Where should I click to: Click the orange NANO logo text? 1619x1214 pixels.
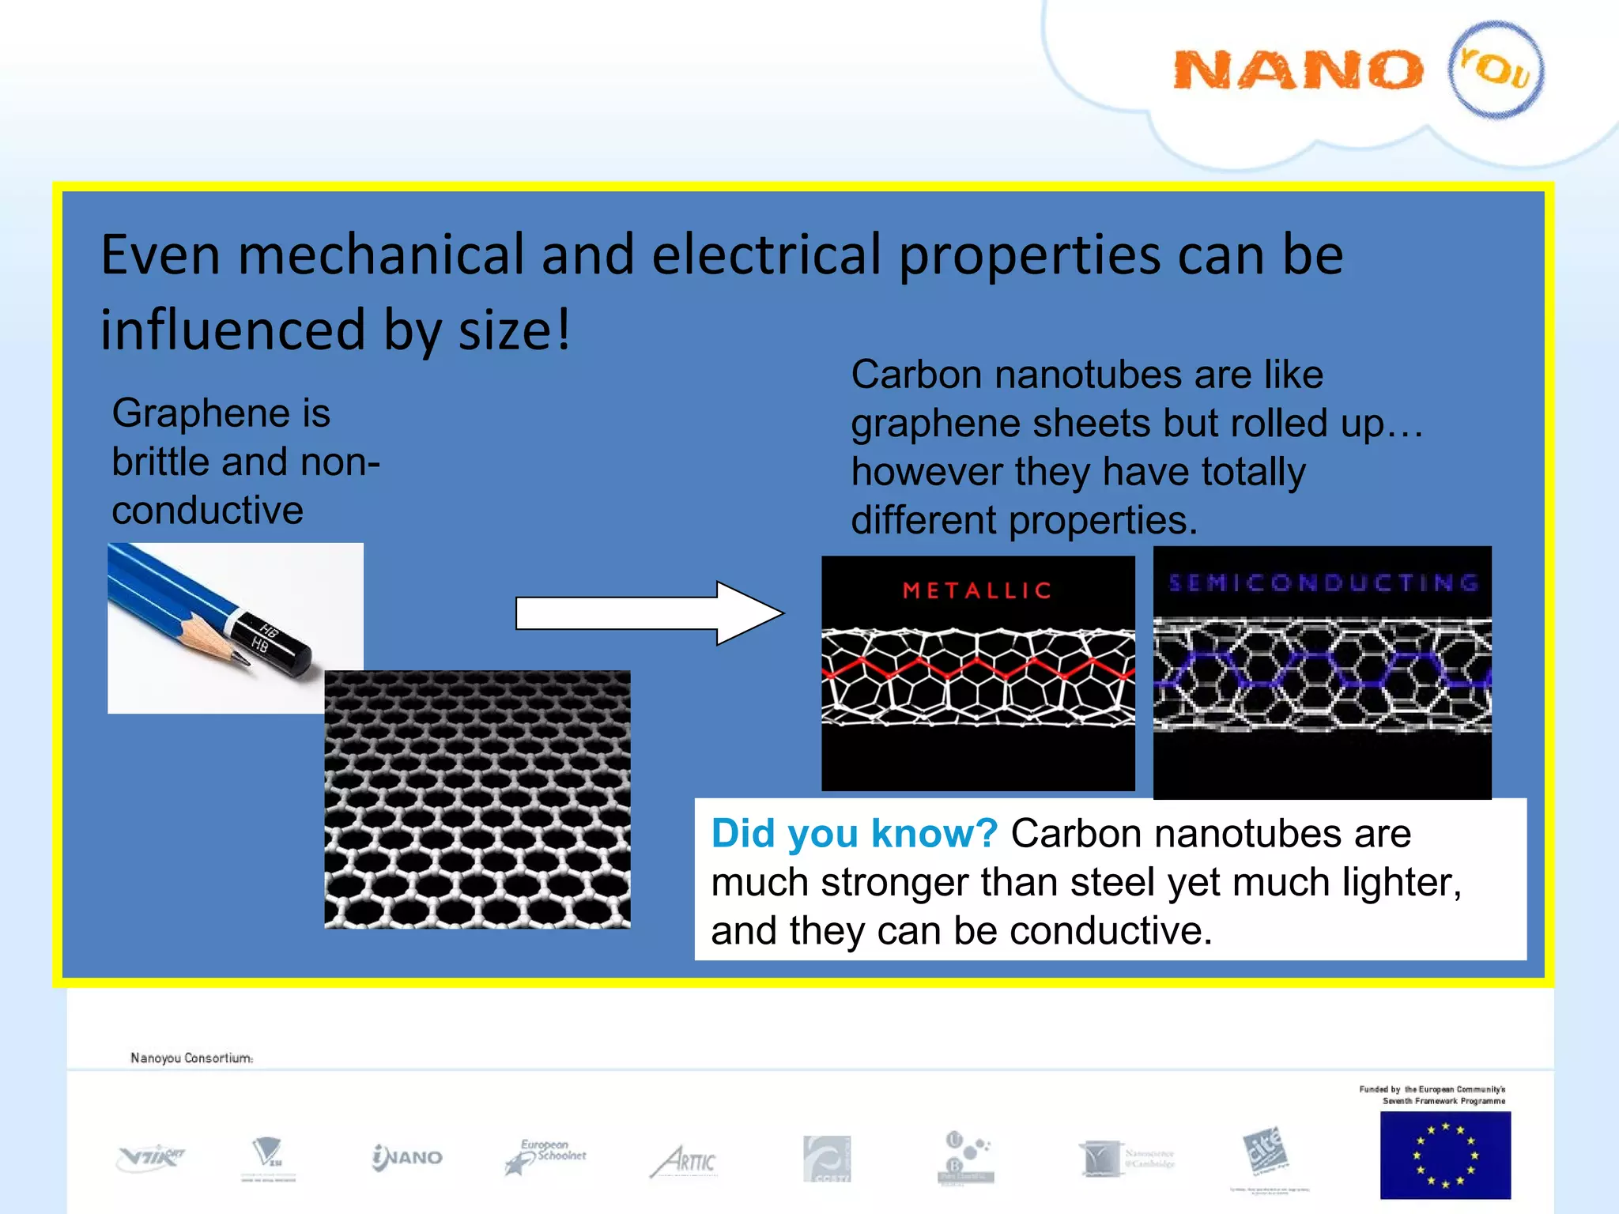point(1296,71)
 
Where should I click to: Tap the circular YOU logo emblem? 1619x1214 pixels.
point(1496,70)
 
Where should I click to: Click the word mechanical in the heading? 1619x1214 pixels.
point(380,256)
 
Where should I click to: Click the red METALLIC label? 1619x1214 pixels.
point(977,590)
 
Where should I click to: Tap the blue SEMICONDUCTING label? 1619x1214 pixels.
point(1323,583)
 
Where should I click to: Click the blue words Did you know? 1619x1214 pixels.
point(854,834)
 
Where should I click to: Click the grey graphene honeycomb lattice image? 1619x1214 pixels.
point(477,798)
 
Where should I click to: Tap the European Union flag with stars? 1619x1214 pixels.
point(1444,1155)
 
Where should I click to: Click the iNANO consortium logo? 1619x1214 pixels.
point(407,1157)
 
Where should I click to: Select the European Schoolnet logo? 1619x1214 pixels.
point(546,1157)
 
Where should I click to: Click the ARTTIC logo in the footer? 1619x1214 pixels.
point(685,1160)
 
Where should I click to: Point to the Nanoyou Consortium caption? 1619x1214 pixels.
point(191,1058)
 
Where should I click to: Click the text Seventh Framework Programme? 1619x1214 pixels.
point(1444,1101)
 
